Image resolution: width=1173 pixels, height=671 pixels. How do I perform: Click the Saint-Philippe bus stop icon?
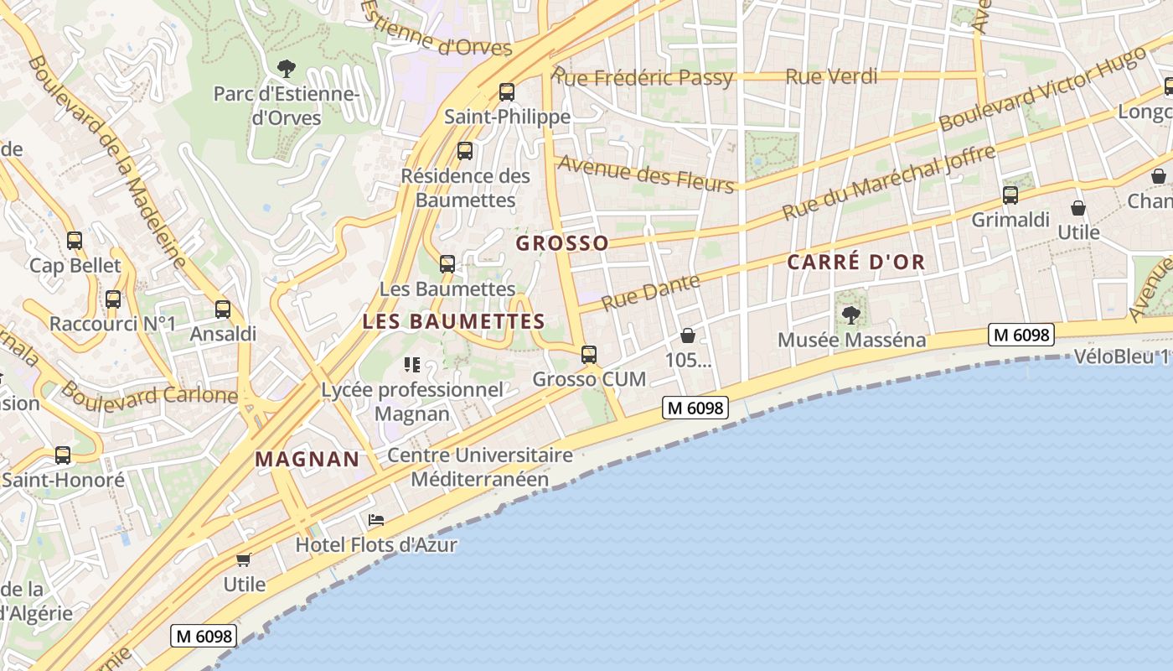pyautogui.click(x=507, y=91)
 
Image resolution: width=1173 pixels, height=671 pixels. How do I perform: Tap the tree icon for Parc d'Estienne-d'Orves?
pyautogui.click(x=287, y=68)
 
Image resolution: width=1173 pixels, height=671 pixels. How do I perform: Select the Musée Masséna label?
pyautogui.click(x=851, y=340)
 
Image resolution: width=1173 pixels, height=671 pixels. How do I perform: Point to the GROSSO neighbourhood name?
pyautogui.click(x=562, y=243)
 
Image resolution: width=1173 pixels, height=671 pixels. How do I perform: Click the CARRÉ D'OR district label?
pyautogui.click(x=856, y=262)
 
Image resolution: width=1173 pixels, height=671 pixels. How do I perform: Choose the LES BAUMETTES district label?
pyautogui.click(x=453, y=321)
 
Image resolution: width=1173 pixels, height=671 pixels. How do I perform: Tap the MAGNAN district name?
pyautogui.click(x=307, y=459)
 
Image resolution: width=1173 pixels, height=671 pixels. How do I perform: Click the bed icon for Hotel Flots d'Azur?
pyautogui.click(x=376, y=521)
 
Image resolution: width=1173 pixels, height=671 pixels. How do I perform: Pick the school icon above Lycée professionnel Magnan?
pyautogui.click(x=411, y=364)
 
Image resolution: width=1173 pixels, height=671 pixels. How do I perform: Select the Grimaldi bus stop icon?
pyautogui.click(x=1010, y=195)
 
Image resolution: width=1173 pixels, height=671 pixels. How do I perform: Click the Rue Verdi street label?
pyautogui.click(x=831, y=77)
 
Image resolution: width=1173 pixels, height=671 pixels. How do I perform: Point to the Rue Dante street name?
pyautogui.click(x=651, y=292)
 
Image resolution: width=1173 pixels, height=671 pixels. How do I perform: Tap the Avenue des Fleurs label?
pyautogui.click(x=645, y=174)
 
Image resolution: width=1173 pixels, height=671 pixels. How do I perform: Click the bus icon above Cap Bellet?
pyautogui.click(x=75, y=241)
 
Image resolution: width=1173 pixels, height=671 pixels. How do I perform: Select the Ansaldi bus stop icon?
pyautogui.click(x=223, y=309)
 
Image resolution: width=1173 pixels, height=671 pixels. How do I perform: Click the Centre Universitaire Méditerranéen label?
pyautogui.click(x=480, y=467)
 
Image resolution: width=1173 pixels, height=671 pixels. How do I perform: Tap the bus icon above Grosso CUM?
pyautogui.click(x=589, y=355)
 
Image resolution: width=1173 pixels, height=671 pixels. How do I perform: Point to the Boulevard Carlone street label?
pyautogui.click(x=149, y=393)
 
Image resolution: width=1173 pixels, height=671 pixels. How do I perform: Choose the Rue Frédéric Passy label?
pyautogui.click(x=643, y=78)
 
